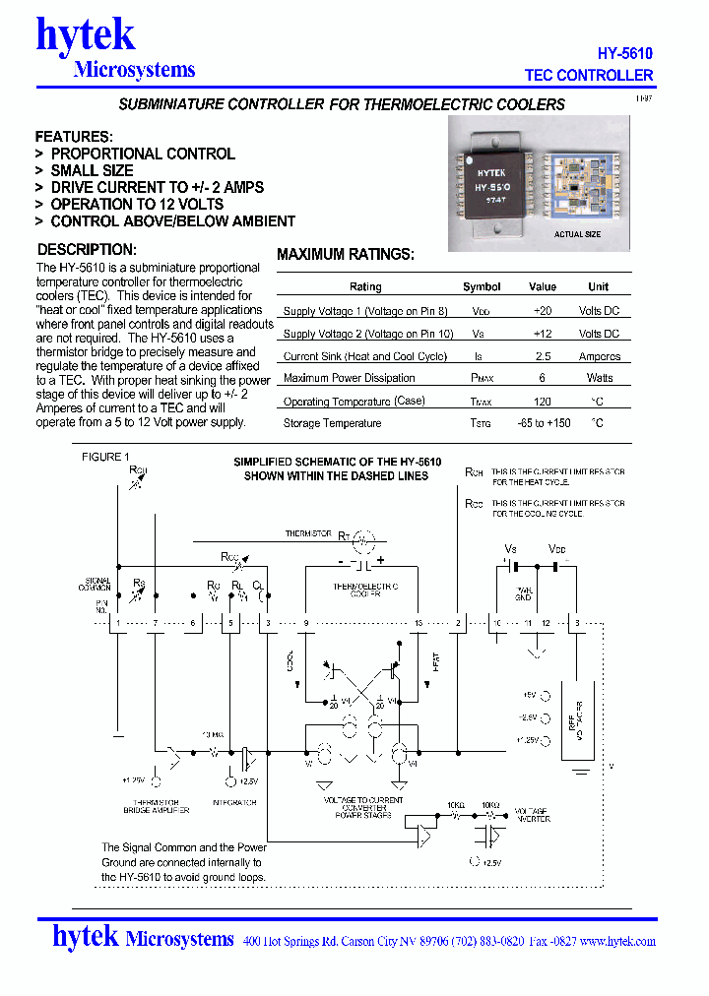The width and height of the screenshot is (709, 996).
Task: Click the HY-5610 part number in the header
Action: pyautogui.click(x=625, y=54)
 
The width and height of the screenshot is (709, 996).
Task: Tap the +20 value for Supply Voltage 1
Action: pyautogui.click(x=543, y=310)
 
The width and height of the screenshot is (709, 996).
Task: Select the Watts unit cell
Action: pyautogui.click(x=599, y=378)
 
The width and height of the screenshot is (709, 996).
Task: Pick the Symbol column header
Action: pyautogui.click(x=482, y=286)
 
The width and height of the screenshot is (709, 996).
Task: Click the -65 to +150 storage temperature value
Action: pyautogui.click(x=544, y=423)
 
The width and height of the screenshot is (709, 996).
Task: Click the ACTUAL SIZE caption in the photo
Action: pyautogui.click(x=577, y=234)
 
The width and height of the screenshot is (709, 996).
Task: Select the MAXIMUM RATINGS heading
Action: pyautogui.click(x=346, y=255)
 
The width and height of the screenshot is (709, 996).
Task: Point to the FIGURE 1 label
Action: pyautogui.click(x=105, y=457)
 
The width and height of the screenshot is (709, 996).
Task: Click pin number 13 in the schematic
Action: pyautogui.click(x=419, y=623)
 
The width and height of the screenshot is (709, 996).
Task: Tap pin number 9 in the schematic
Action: pyautogui.click(x=306, y=623)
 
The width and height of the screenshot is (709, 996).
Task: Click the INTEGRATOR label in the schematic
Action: pyautogui.click(x=234, y=803)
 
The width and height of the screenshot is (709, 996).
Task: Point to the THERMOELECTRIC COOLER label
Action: pyautogui.click(x=365, y=591)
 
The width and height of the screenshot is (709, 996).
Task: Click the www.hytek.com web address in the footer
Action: pyautogui.click(x=617, y=941)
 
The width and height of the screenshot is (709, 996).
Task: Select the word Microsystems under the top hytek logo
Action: pyautogui.click(x=134, y=70)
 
